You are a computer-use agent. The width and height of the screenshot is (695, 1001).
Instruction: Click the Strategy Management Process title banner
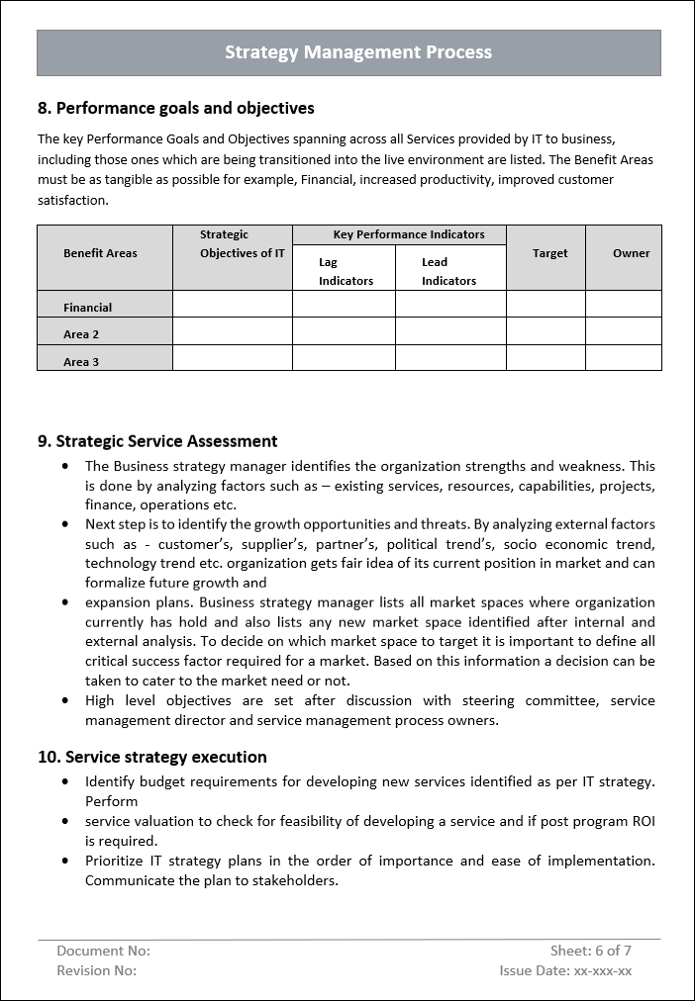pyautogui.click(x=348, y=52)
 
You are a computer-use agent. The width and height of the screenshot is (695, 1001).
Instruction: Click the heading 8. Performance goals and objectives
pyautogui.click(x=176, y=108)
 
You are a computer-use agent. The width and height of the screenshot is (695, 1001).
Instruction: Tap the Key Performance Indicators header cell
pyautogui.click(x=399, y=234)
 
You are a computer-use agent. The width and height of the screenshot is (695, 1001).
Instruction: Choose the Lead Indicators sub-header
pyautogui.click(x=450, y=271)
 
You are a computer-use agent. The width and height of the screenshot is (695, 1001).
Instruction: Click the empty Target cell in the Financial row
pyautogui.click(x=546, y=304)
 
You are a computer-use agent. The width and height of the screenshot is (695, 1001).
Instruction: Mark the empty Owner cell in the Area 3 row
pyautogui.click(x=624, y=357)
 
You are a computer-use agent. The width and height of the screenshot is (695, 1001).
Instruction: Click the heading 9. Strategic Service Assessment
pyautogui.click(x=157, y=441)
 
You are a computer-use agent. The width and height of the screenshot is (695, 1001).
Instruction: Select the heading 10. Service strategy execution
pyautogui.click(x=152, y=757)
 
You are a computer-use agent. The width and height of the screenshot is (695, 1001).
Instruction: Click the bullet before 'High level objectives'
pyautogui.click(x=65, y=700)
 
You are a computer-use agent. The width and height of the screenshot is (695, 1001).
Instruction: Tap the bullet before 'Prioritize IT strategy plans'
pyautogui.click(x=65, y=861)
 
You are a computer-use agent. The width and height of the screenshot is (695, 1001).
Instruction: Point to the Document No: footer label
pyautogui.click(x=103, y=951)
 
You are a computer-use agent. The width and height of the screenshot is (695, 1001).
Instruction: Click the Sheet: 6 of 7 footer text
pyautogui.click(x=591, y=951)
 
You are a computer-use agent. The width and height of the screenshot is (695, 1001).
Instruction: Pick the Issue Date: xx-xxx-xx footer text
pyautogui.click(x=565, y=970)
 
